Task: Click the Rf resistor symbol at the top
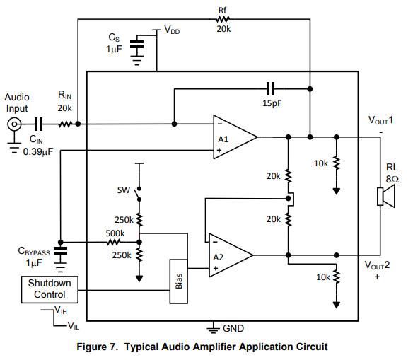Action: tap(223, 19)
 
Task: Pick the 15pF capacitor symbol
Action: tap(271, 88)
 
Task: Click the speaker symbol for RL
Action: tap(386, 196)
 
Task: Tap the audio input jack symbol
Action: tap(14, 124)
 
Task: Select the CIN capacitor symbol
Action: tap(38, 124)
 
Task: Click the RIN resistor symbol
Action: tap(65, 124)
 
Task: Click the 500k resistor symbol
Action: tap(114, 242)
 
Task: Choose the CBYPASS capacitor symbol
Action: tap(60, 251)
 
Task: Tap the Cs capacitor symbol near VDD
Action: tap(137, 45)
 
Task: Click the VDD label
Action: tap(172, 30)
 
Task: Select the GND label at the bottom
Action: tap(233, 328)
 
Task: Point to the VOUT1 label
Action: tap(380, 120)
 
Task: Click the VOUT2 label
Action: tap(377, 265)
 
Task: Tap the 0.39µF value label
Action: tap(38, 151)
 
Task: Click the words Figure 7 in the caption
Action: tap(97, 347)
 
